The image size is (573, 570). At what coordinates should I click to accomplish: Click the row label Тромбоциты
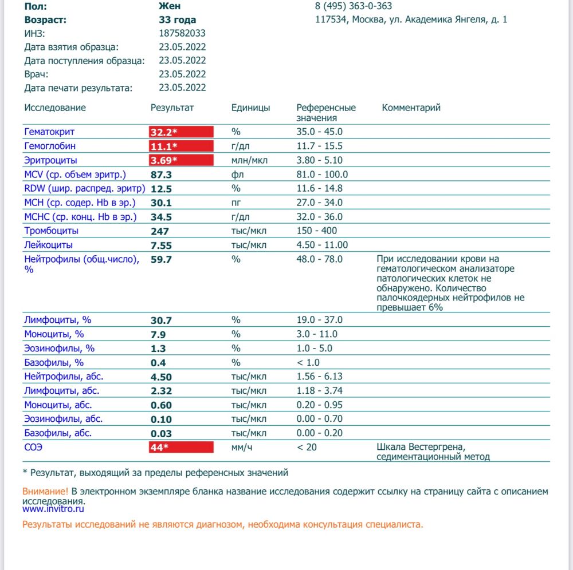(x=52, y=231)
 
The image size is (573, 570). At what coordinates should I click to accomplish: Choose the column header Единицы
(x=250, y=108)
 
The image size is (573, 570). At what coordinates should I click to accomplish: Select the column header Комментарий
(x=411, y=108)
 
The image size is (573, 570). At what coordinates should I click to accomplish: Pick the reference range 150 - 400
(x=317, y=231)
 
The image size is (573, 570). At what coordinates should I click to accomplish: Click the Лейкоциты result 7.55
(x=161, y=246)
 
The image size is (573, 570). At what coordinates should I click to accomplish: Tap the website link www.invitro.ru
(x=53, y=508)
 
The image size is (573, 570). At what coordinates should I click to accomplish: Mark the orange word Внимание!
(x=45, y=492)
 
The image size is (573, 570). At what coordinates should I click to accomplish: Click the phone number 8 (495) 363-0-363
(x=354, y=6)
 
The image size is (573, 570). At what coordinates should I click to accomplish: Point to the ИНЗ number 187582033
(x=182, y=33)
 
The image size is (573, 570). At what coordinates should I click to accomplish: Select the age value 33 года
(x=177, y=19)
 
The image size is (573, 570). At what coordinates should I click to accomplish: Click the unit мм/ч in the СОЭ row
(x=242, y=447)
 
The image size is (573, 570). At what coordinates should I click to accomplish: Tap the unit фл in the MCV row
(x=237, y=175)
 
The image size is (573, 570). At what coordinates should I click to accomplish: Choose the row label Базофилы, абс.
(x=58, y=433)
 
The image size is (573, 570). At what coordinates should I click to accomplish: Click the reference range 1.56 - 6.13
(x=319, y=377)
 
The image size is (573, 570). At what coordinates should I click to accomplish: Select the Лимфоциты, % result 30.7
(x=161, y=320)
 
